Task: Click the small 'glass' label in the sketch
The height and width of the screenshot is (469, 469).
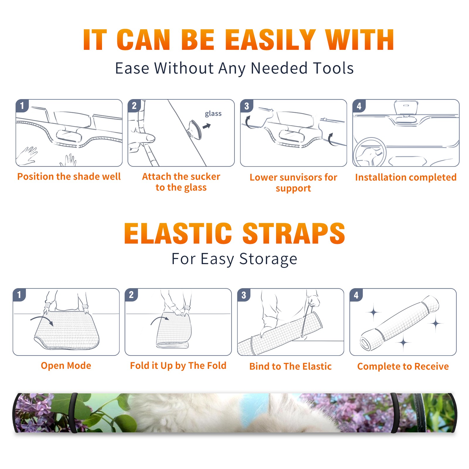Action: [x=213, y=114]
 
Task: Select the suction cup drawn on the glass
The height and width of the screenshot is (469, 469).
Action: [x=195, y=129]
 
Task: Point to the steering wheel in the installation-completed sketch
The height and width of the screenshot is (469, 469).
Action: [x=370, y=152]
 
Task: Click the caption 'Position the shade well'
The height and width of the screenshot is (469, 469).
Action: [x=69, y=176]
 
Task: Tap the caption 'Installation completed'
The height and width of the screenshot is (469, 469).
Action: [x=406, y=177]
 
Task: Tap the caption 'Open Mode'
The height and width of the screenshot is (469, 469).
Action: [x=66, y=366]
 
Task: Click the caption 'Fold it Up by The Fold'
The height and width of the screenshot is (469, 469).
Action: [x=178, y=366]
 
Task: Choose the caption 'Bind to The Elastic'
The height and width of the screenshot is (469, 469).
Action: [x=290, y=366]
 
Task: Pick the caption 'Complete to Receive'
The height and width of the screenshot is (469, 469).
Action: [x=403, y=366]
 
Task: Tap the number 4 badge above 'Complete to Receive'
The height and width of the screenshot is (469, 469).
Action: [x=356, y=295]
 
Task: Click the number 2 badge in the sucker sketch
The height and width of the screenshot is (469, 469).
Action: [x=134, y=106]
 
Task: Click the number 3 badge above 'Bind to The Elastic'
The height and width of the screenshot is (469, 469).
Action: [x=244, y=295]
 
